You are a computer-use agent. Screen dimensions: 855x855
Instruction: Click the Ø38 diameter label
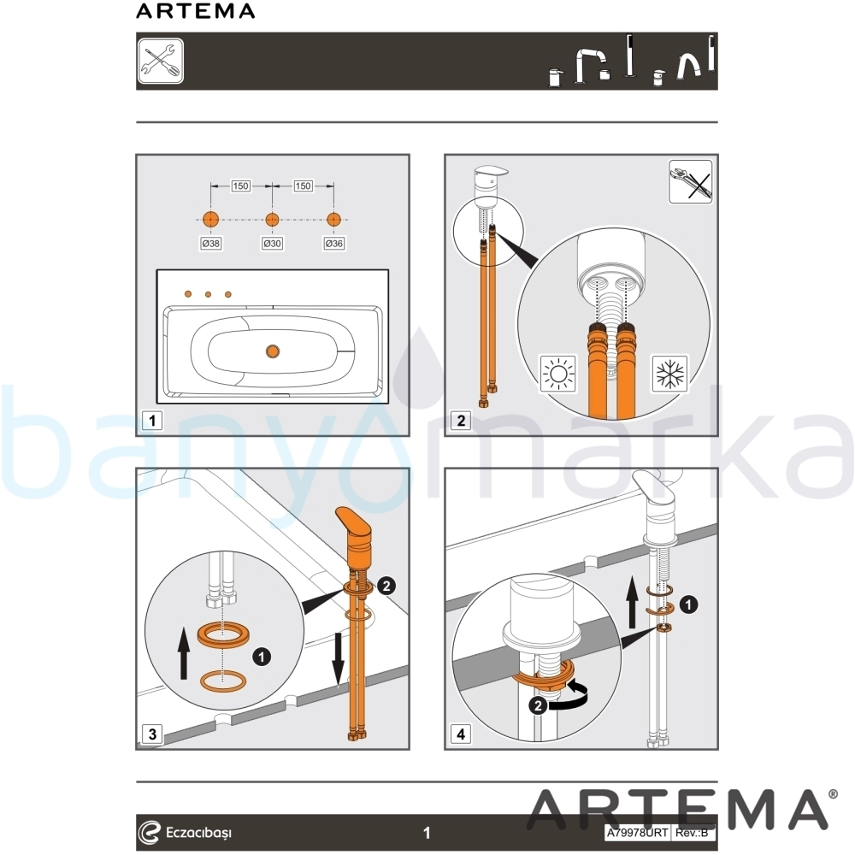[211, 244]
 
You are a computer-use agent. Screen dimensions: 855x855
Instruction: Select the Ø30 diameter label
[272, 244]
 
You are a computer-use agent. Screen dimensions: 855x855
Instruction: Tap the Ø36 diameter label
[333, 244]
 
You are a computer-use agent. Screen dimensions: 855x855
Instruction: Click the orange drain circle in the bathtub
[272, 351]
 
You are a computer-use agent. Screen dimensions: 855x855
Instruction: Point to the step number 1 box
[152, 421]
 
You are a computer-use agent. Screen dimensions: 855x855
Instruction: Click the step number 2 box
[462, 421]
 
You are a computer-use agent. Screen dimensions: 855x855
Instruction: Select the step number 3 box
[152, 734]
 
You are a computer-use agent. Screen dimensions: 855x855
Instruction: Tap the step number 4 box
[462, 734]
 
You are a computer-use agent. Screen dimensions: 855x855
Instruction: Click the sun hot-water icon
[557, 374]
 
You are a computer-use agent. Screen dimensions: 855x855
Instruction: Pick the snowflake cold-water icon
[670, 374]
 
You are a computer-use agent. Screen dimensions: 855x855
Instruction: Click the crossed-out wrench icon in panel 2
[690, 181]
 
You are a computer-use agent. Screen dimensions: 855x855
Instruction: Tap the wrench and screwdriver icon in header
[161, 61]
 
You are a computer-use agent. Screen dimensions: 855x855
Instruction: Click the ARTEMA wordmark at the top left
[195, 11]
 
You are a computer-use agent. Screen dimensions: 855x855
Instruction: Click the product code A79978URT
[637, 833]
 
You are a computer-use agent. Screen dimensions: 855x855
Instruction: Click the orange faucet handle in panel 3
[355, 528]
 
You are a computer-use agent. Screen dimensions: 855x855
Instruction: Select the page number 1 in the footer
[427, 833]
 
